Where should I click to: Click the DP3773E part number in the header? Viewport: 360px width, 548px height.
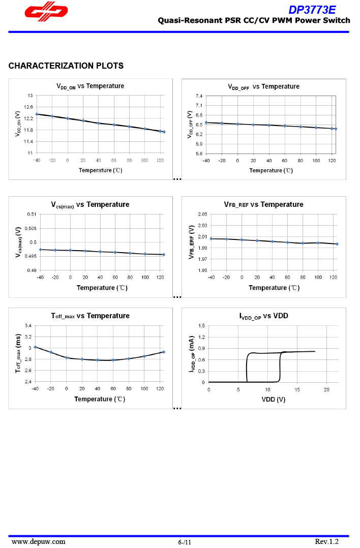coord(312,10)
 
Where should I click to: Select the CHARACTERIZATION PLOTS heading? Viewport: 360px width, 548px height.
coord(66,66)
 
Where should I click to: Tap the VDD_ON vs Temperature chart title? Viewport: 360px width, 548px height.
coord(90,86)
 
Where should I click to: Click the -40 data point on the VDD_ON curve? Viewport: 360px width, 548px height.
coord(37,114)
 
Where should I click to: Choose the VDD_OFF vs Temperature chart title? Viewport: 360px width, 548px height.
coord(263,86)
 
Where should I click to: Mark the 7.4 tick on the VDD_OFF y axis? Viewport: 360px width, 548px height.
coord(199,96)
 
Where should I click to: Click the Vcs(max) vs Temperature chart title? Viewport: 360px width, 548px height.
coord(90,204)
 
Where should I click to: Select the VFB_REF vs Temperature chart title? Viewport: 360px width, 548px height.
coord(263,204)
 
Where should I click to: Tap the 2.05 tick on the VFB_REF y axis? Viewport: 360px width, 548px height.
coord(202,214)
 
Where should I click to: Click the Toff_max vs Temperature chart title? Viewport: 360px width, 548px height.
coord(90,316)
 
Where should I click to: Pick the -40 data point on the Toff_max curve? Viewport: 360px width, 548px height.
coord(35,347)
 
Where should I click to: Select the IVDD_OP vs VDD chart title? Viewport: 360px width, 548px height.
coord(263,316)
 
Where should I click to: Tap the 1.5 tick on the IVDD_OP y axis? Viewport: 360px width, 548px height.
coord(201,325)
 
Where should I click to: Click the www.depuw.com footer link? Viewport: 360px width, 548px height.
coord(39,541)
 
